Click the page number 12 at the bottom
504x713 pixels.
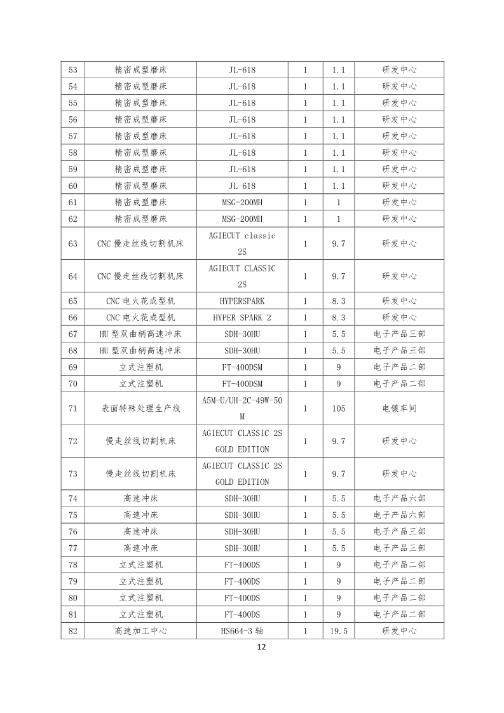click(x=261, y=647)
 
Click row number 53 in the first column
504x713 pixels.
click(x=72, y=70)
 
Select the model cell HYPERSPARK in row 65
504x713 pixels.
click(x=242, y=301)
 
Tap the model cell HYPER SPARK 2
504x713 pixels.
click(x=242, y=318)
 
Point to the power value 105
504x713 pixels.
click(x=338, y=409)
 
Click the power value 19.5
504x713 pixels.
click(x=338, y=631)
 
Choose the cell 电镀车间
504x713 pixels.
click(x=399, y=409)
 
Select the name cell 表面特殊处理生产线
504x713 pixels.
click(x=141, y=409)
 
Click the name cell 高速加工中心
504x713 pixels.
click(x=141, y=631)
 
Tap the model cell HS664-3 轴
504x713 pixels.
click(x=242, y=631)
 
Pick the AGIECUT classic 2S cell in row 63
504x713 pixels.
click(x=242, y=243)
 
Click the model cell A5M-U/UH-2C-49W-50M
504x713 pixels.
click(x=242, y=409)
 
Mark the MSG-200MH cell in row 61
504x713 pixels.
click(x=242, y=202)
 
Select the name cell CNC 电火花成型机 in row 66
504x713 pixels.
click(x=141, y=318)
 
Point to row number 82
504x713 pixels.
click(x=72, y=631)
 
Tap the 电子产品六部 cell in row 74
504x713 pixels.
click(x=399, y=499)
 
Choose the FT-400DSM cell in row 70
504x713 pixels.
click(x=242, y=384)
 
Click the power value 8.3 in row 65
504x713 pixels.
click(x=338, y=301)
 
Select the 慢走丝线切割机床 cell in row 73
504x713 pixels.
click(x=141, y=474)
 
